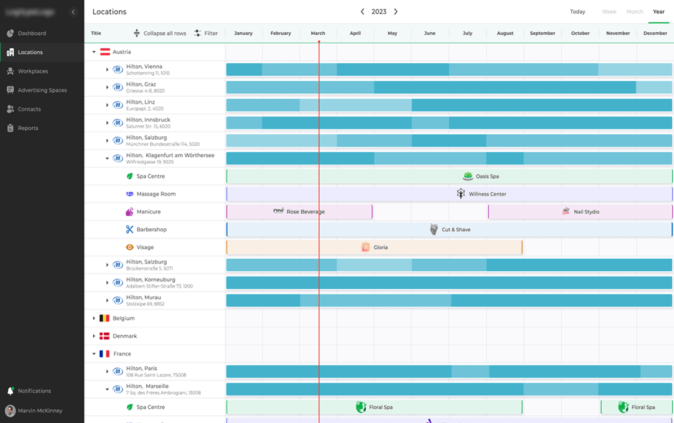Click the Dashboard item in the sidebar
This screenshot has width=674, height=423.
click(x=31, y=33)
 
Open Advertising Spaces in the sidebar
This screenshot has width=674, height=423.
click(x=42, y=90)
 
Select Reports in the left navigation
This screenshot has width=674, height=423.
click(x=27, y=128)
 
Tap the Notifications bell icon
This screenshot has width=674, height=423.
click(x=10, y=391)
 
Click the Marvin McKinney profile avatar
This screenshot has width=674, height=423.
click(x=10, y=410)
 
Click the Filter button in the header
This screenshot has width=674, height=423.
click(x=206, y=33)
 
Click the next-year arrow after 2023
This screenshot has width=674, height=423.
click(x=396, y=12)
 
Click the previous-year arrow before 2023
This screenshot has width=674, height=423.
click(x=362, y=12)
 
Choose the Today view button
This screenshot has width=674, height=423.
click(x=577, y=12)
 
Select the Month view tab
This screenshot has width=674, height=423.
click(x=634, y=12)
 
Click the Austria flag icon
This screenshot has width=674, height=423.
click(x=105, y=52)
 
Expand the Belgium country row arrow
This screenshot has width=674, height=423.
click(x=94, y=318)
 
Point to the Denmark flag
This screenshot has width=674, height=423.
click(x=105, y=336)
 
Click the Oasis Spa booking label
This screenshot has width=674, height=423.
click(x=486, y=176)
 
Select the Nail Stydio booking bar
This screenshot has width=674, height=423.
click(x=580, y=211)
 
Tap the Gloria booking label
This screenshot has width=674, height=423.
click(x=380, y=247)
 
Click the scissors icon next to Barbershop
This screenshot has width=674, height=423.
click(x=130, y=229)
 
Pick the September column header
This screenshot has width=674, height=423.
click(x=543, y=33)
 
